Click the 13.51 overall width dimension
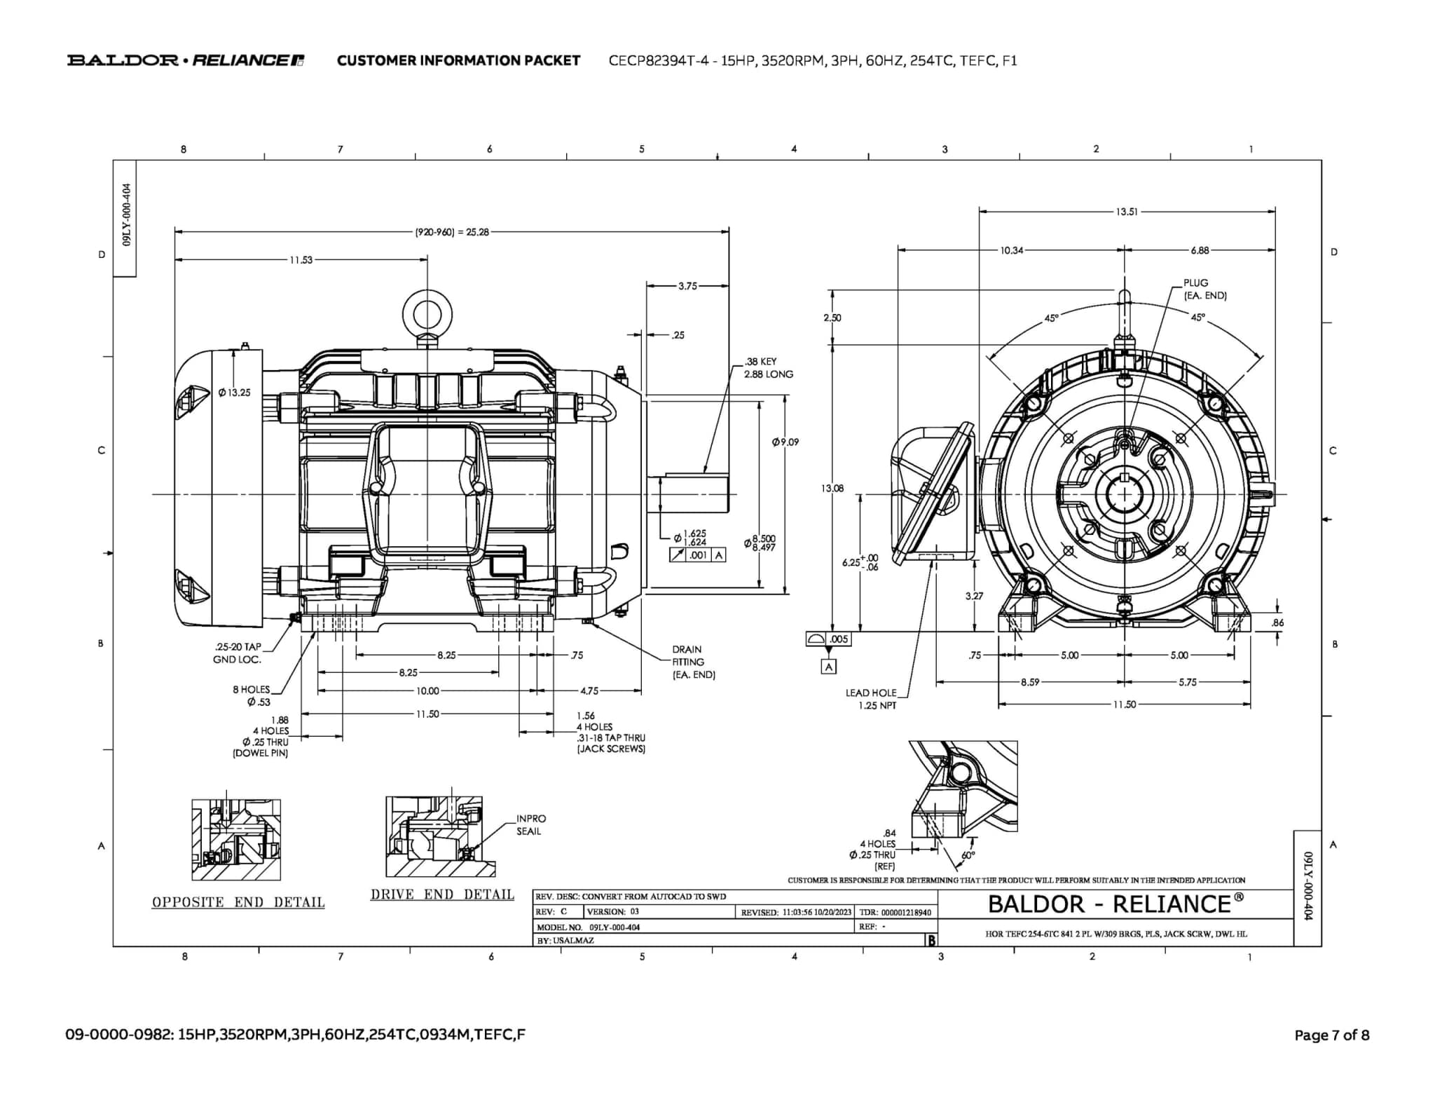[1127, 212]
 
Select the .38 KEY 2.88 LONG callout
[769, 368]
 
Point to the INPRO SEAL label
[530, 824]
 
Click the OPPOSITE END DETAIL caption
[238, 902]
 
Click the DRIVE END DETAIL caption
[442, 894]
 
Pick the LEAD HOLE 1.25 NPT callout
[871, 699]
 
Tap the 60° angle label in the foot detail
[968, 855]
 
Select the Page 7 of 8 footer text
[1331, 1035]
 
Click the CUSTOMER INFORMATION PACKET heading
[458, 60]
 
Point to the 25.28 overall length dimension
[452, 232]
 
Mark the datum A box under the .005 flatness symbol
[829, 667]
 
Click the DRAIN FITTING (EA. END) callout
[693, 662]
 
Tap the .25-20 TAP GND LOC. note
[237, 653]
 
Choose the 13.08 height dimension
[832, 488]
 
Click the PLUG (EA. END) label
[1204, 289]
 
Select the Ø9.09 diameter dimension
[785, 442]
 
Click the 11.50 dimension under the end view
[1124, 705]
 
